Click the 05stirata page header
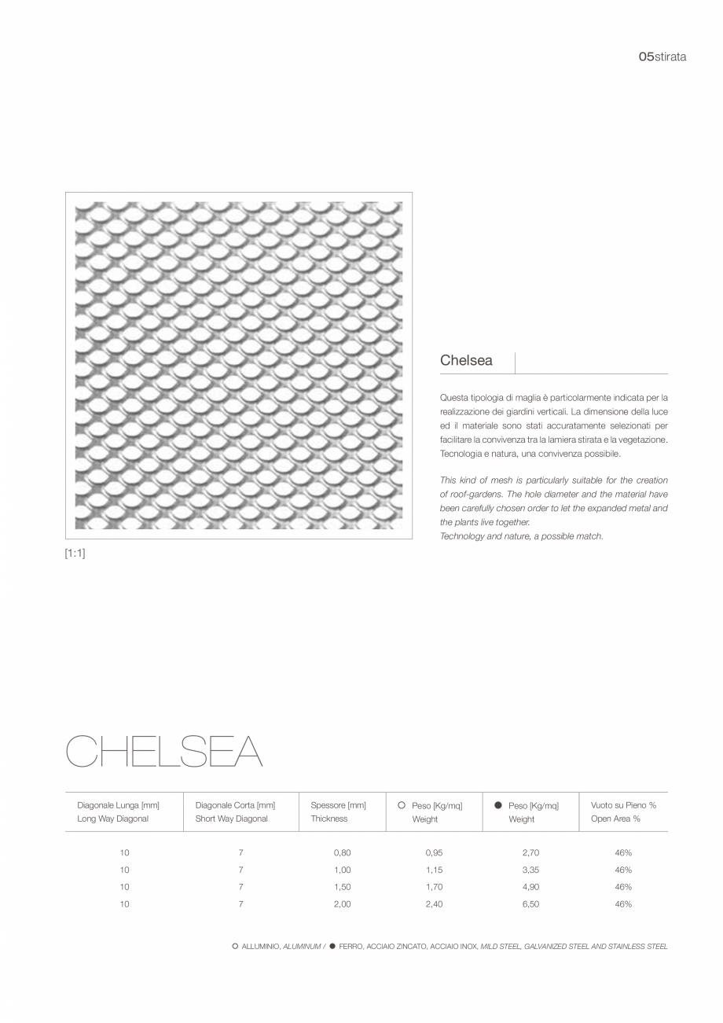coord(662,57)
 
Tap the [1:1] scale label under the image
coord(75,554)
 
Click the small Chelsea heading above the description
coord(466,361)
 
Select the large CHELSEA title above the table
coord(163,752)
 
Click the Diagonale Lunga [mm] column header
coord(118,805)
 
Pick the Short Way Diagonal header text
coord(231,819)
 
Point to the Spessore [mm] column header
coord(338,805)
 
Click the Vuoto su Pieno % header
coord(623,805)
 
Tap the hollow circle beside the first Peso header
coord(402,805)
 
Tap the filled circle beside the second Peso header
coord(497,805)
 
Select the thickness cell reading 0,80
coord(342,853)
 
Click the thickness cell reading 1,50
coord(342,887)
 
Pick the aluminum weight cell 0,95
coord(434,853)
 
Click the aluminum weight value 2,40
coord(434,904)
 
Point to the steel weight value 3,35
coord(530,870)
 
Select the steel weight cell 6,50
coord(530,904)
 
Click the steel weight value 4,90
coord(530,887)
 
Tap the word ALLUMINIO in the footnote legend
coord(261,947)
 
